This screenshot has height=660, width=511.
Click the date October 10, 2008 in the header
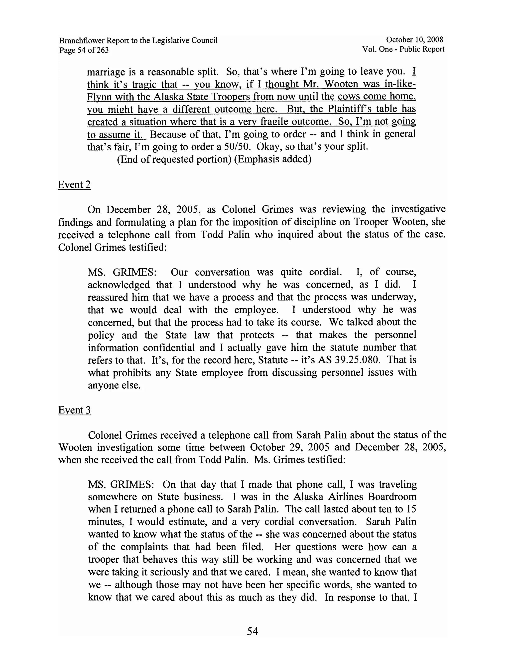point(414,39)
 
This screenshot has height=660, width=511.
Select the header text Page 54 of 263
point(84,50)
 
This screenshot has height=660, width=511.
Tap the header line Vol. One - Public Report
point(403,49)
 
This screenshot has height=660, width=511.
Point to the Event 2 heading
point(74,185)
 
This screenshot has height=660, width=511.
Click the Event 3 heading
point(75,410)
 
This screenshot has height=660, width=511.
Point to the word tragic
point(144,84)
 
